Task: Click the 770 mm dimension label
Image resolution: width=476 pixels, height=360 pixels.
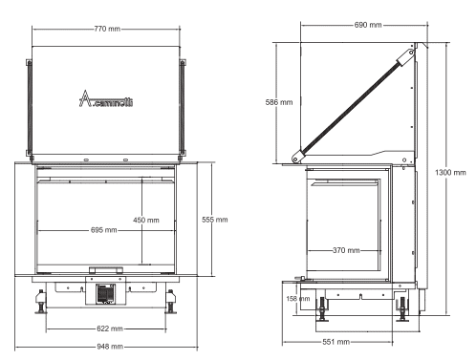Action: coord(107,29)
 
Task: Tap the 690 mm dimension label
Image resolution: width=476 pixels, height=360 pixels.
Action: coord(368,25)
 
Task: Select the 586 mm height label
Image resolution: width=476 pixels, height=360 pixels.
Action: coord(279,102)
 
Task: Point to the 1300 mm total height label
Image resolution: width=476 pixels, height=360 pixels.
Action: coord(450,173)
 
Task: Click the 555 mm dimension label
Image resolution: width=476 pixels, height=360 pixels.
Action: coord(215,220)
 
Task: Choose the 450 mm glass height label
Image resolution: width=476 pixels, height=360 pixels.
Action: coord(146,220)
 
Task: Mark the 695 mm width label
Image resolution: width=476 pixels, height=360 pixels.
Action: coord(104,230)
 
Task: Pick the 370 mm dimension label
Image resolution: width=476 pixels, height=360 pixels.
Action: coord(346,250)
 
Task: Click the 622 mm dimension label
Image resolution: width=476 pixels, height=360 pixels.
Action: coord(110,328)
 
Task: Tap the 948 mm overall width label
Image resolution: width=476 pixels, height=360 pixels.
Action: coord(110,347)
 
